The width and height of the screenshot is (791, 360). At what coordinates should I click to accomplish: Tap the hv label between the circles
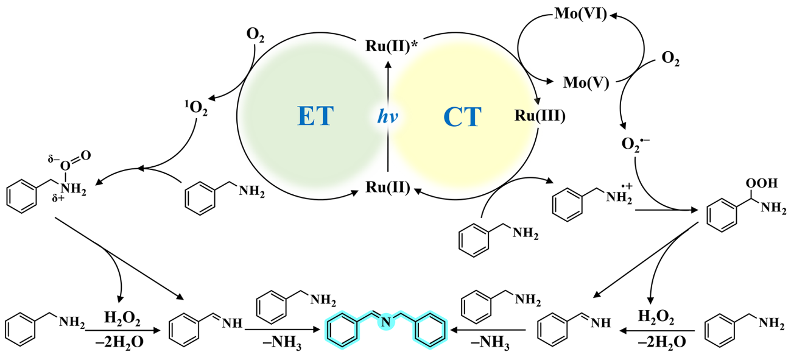[387, 116]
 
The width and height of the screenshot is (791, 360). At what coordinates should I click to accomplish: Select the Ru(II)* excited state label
[387, 46]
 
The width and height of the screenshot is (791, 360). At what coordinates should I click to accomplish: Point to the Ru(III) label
[540, 115]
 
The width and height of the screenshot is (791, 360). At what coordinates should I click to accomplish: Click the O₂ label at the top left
[255, 34]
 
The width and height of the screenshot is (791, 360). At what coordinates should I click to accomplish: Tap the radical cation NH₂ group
[615, 197]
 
